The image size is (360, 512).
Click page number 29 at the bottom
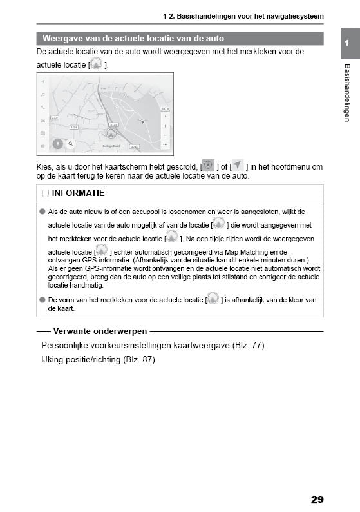pos(317,499)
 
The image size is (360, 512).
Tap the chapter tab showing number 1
pos(347,43)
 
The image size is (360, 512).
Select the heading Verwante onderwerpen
pos(100,331)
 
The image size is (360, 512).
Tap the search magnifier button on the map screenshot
pos(71,144)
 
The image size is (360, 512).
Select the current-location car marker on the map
pos(111,133)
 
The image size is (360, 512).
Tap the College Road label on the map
pos(111,146)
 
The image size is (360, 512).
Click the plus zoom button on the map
pos(166,126)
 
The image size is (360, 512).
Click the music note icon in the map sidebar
pos(43,95)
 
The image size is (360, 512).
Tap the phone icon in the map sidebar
pos(43,107)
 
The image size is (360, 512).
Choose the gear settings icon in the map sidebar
pos(43,146)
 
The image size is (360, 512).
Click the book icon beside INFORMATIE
pos(45,193)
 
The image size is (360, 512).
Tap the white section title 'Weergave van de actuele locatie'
pos(133,39)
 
